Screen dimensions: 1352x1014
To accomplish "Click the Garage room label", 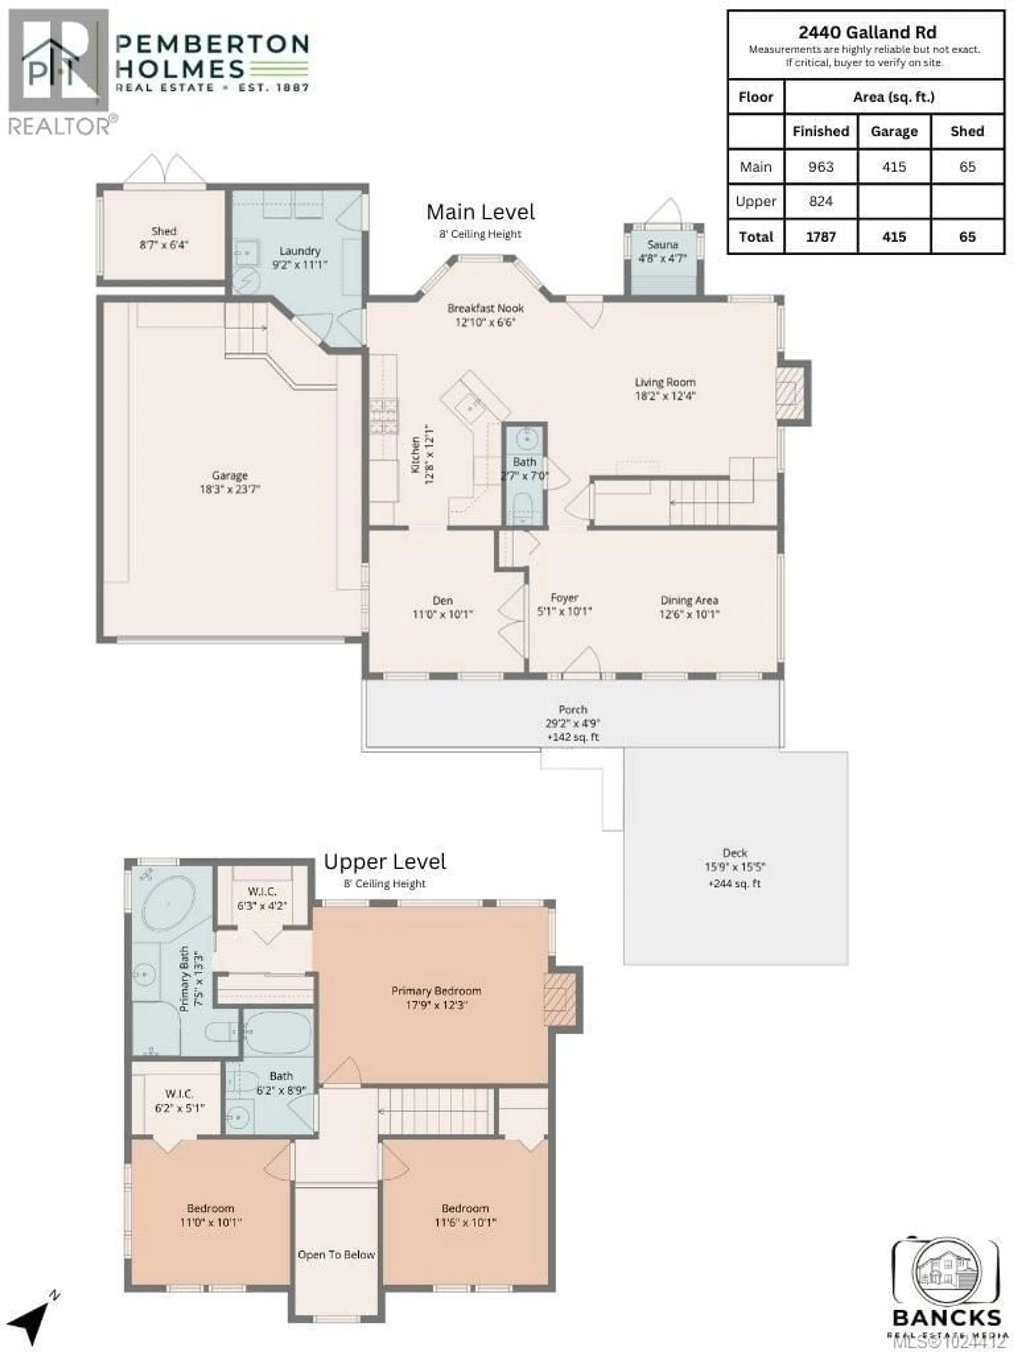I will click(x=229, y=475).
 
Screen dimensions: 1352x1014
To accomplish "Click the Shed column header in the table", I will click(x=967, y=132).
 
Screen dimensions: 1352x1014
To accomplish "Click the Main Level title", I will click(x=480, y=212).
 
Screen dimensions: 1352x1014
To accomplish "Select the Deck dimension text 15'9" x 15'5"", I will click(x=735, y=867).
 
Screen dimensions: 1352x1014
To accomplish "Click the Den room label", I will click(x=443, y=601).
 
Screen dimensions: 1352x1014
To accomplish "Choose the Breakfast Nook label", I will click(x=485, y=308).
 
